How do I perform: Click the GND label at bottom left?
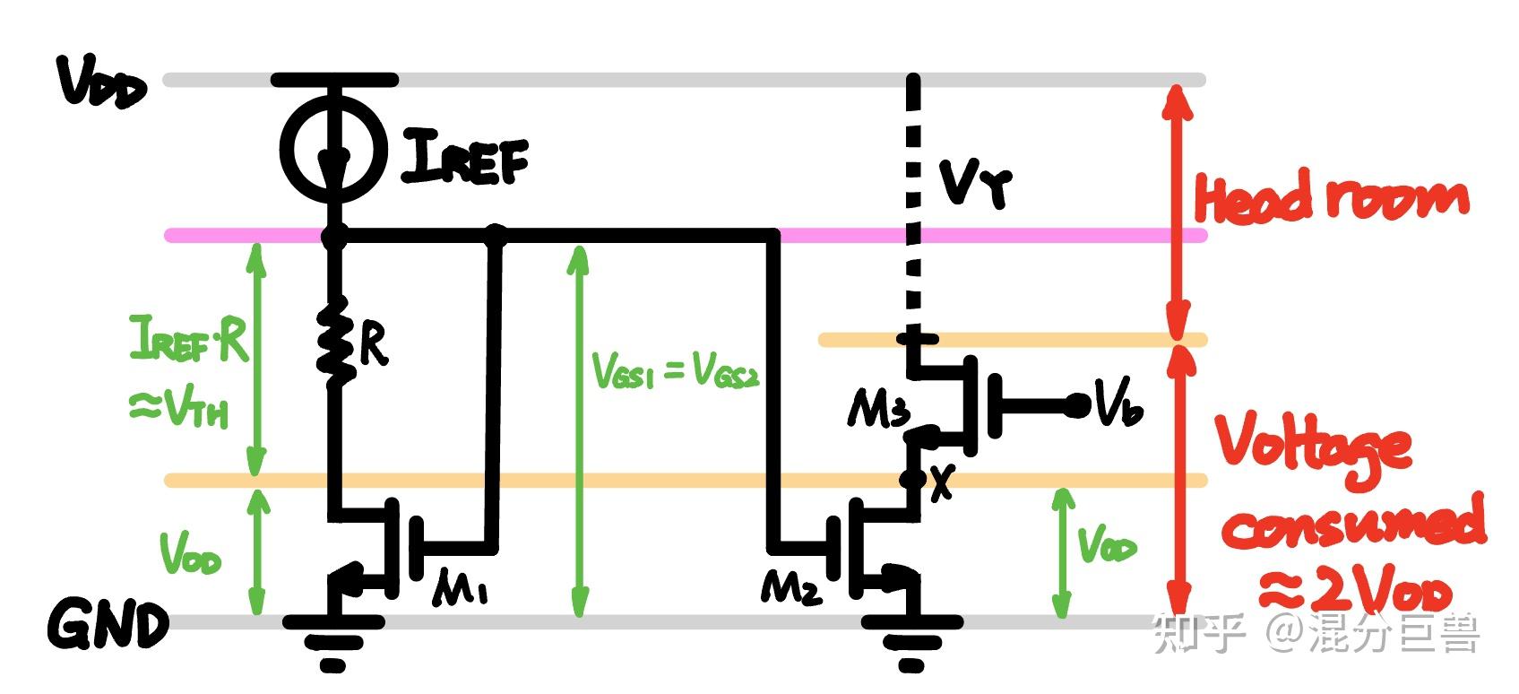(x=108, y=624)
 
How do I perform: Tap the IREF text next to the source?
(x=464, y=157)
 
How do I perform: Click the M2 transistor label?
(x=790, y=587)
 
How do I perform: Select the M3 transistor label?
(x=878, y=411)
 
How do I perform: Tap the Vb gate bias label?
(x=1118, y=407)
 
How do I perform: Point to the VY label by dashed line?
(x=975, y=184)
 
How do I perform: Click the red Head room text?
(x=1331, y=199)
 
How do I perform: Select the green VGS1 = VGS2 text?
(x=677, y=370)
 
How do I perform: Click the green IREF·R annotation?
(x=189, y=339)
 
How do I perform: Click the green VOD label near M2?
(x=1106, y=544)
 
